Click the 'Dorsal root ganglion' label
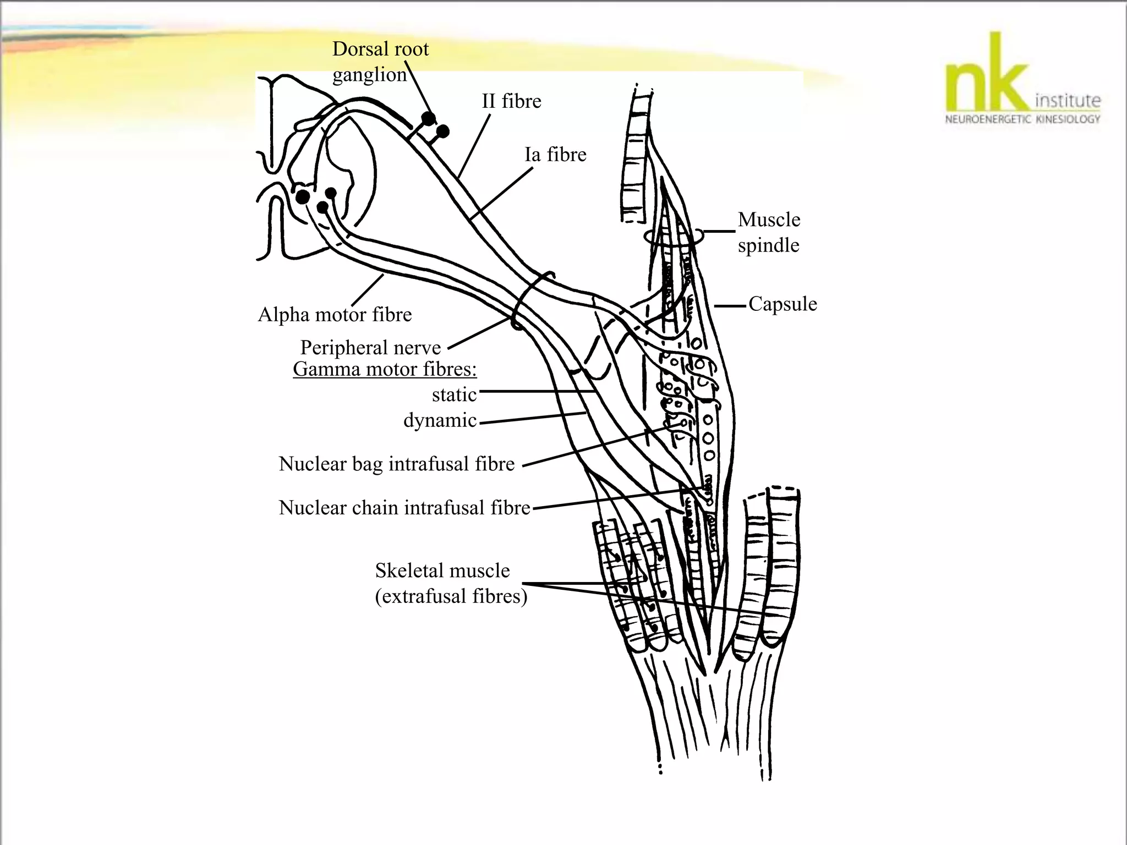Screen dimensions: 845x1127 380,62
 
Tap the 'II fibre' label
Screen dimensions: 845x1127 511,101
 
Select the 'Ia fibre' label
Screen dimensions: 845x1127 555,155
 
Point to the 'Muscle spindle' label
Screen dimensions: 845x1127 769,232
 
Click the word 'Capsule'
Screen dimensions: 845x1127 783,304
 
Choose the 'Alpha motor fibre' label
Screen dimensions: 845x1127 335,315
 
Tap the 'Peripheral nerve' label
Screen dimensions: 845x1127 370,348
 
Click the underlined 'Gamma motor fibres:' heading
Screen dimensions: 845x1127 385,369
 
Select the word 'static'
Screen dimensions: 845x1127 454,394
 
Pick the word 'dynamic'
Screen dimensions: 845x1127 440,420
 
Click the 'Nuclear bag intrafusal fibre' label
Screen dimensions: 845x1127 396,464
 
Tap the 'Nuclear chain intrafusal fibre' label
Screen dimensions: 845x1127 404,507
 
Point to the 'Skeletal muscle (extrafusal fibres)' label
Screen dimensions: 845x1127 450,583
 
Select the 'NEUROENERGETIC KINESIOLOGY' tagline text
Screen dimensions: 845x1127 1022,119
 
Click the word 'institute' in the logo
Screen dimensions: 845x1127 1068,101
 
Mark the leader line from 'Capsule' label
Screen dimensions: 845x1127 731,305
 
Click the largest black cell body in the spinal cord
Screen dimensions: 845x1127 303,196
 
